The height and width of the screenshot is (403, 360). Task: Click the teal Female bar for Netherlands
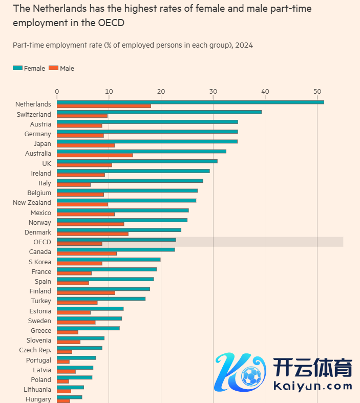[x=190, y=102]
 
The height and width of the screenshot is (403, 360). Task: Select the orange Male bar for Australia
[x=95, y=155]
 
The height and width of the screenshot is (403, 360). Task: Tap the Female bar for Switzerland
[x=159, y=112]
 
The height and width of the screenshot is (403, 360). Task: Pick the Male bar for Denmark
[x=93, y=234]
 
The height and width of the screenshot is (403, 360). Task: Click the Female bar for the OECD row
[x=116, y=240]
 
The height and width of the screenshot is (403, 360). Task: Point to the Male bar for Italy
[x=74, y=185]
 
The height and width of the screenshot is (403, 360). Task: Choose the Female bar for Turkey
[x=101, y=299]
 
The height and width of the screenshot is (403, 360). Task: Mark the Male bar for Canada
[x=87, y=253]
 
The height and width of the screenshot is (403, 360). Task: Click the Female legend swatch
[x=17, y=68]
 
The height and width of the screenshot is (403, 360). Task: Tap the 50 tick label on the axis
[x=317, y=91]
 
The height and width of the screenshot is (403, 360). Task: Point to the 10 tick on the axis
[x=109, y=91]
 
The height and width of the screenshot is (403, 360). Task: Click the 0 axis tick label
[x=57, y=91]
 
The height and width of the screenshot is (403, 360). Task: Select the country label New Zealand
[x=32, y=203]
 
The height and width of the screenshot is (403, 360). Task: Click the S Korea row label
[x=39, y=262]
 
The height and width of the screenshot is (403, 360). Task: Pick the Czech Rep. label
[x=35, y=350]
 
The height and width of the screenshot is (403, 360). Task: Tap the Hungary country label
[x=38, y=399]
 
